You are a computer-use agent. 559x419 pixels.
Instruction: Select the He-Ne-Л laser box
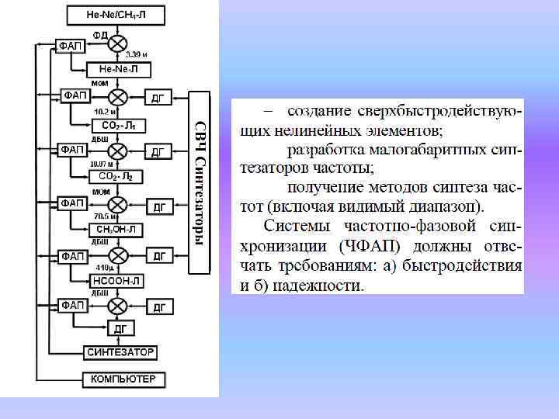[x=118, y=70]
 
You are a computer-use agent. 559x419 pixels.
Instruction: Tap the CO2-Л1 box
[x=118, y=124]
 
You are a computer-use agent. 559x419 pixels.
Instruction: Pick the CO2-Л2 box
[x=118, y=177]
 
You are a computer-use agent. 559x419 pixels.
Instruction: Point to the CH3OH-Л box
[x=118, y=229]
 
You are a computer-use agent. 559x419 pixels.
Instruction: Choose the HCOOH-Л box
[x=118, y=281]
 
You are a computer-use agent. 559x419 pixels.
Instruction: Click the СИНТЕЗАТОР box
[x=120, y=352]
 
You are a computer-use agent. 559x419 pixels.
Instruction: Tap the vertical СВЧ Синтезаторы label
[x=200, y=183]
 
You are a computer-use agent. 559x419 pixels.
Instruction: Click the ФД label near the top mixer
[x=100, y=35]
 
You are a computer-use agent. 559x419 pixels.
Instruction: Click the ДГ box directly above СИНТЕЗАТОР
[x=120, y=329]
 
